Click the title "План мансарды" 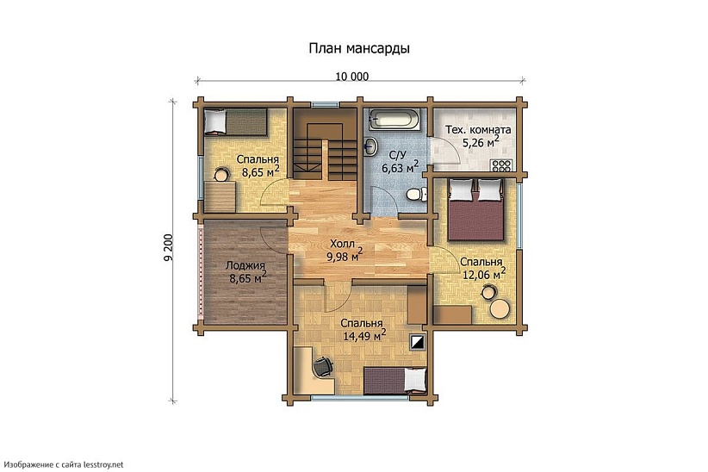click(x=359, y=49)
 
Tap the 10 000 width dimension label click(x=351, y=77)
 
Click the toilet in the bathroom click(x=416, y=195)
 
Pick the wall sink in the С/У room click(x=370, y=146)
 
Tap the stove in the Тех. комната click(x=501, y=165)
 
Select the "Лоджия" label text click(x=245, y=266)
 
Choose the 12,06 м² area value click(x=482, y=273)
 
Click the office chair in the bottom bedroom click(x=322, y=366)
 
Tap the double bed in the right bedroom click(x=475, y=210)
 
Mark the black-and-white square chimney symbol click(x=418, y=342)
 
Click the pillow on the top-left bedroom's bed click(x=214, y=122)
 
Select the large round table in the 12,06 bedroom click(x=500, y=310)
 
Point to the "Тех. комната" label click(x=478, y=130)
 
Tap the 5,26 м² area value click(x=480, y=143)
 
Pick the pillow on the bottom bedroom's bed click(x=415, y=380)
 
